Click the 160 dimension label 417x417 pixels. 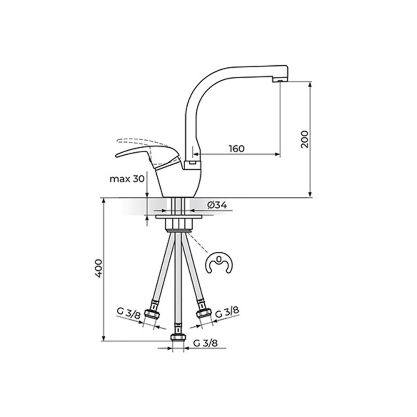[237, 149]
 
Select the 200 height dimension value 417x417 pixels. [305, 139]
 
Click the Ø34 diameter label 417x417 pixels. [217, 205]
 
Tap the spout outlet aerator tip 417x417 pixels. [280, 80]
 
